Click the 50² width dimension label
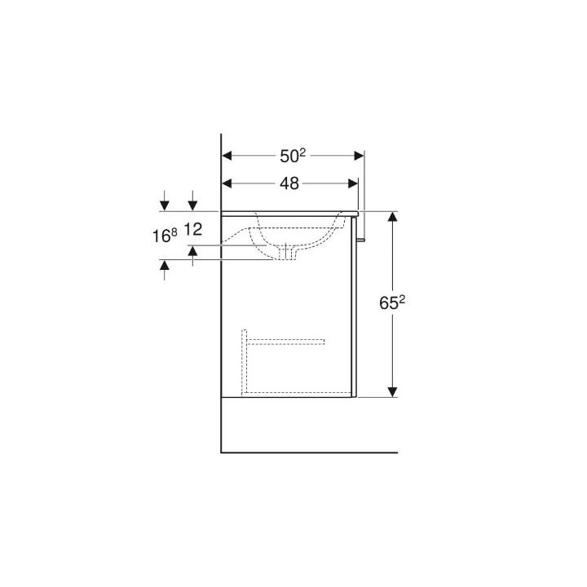(293, 156)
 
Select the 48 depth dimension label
(289, 183)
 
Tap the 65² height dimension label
(392, 302)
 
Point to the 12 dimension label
(193, 229)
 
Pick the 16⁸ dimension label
(165, 236)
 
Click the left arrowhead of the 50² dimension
(227, 156)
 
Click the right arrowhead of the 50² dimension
(359, 156)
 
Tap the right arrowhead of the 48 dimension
(353, 183)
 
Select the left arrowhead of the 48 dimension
(227, 183)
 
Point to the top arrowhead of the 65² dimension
(392, 217)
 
